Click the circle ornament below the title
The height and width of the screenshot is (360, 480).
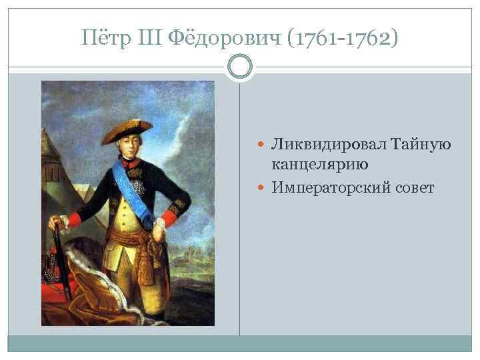point(240,67)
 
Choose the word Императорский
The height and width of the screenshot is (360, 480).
point(327,189)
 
